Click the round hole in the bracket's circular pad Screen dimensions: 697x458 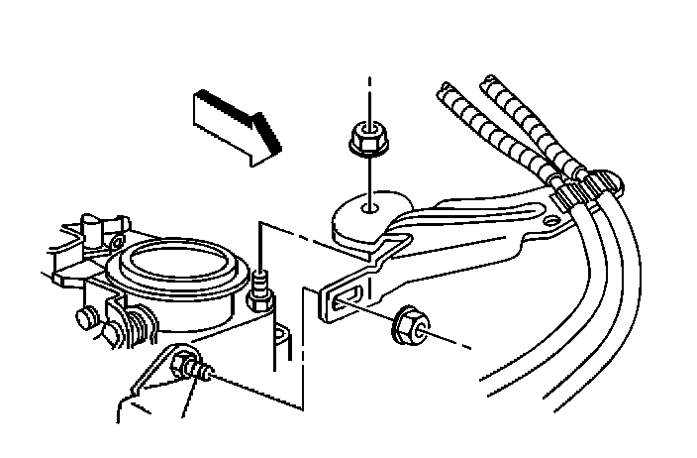(369, 209)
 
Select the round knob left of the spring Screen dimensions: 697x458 (87, 317)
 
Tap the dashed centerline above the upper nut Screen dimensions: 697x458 (369, 94)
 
